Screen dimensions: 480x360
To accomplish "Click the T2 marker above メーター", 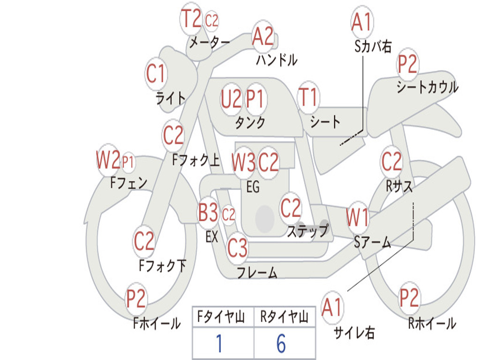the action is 191,18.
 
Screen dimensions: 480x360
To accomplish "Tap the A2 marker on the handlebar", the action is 262,37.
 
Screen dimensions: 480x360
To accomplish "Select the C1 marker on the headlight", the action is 156,74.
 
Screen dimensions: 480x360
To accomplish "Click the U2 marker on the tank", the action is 231,99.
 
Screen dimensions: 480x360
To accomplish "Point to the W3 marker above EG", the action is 244,162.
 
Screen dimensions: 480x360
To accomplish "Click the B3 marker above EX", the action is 208,212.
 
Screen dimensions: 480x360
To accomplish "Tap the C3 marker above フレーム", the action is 237,247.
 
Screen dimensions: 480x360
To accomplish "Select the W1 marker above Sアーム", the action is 357,217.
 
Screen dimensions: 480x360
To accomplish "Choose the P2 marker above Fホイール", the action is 136,299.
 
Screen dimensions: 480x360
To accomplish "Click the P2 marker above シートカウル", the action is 407,64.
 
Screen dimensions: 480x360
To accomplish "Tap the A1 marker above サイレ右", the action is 332,307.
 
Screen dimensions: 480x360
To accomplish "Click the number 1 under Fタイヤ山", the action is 219,343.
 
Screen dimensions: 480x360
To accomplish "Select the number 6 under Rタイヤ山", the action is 281,343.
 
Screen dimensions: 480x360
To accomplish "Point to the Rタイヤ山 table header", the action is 284,316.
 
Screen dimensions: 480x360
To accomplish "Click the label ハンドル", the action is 277,60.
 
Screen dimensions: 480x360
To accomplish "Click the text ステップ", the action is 308,231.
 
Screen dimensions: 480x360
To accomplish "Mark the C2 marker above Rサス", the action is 391,161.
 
